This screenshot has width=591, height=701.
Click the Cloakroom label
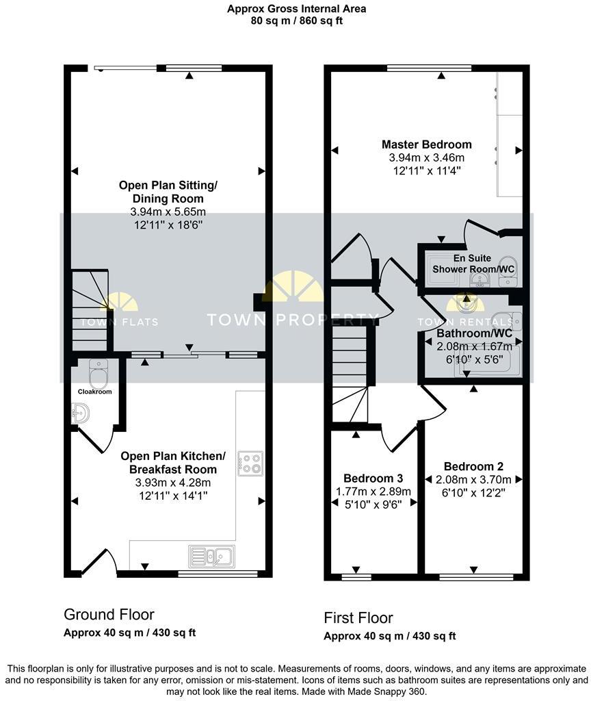[94, 392]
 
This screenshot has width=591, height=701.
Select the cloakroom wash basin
[79, 412]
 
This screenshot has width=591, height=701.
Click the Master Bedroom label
[426, 144]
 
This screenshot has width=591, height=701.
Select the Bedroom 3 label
[373, 478]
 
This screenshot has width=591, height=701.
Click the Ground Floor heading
[109, 614]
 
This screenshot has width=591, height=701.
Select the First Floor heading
[358, 618]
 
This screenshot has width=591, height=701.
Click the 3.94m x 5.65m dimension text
[168, 212]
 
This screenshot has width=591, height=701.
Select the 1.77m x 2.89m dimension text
[373, 491]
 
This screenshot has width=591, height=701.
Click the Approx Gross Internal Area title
[295, 9]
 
